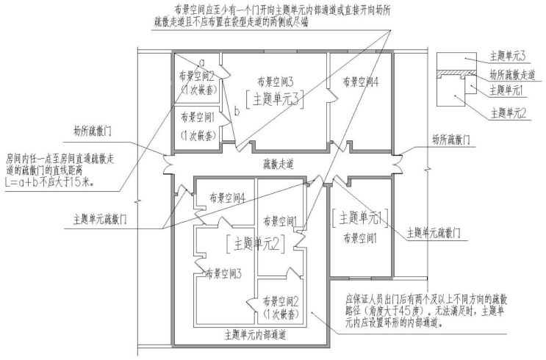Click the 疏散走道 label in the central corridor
279,164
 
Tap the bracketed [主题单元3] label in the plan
275,100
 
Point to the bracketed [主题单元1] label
360,218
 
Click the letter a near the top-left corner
201,62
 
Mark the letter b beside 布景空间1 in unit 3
237,112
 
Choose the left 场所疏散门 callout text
93,132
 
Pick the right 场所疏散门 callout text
451,140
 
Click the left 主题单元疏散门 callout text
100,220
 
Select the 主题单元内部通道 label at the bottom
256,335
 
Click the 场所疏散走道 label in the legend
512,75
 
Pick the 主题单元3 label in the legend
508,56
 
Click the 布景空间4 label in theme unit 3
360,82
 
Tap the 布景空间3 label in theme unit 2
223,273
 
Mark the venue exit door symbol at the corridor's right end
397,163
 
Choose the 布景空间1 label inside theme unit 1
360,239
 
